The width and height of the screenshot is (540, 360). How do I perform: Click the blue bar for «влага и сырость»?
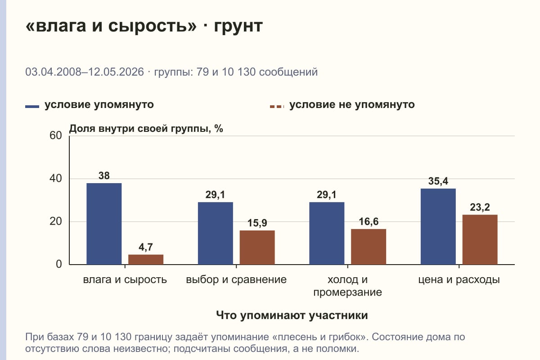[104, 224]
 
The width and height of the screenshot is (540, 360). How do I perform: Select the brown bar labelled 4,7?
[146, 260]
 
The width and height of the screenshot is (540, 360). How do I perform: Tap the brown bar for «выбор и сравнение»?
[257, 247]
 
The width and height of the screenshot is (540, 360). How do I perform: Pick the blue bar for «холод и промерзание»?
[327, 233]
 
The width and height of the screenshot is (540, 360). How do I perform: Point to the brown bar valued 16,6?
[369, 247]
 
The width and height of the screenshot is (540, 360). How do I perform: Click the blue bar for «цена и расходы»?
[438, 226]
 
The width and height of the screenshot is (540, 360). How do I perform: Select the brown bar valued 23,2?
[480, 239]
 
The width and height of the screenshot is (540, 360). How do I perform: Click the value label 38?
[104, 175]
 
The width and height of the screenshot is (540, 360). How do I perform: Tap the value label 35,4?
[438, 181]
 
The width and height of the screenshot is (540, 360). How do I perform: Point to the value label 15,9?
[257, 223]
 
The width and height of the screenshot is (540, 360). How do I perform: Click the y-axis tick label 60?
[56, 135]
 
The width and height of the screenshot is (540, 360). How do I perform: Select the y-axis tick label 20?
[56, 221]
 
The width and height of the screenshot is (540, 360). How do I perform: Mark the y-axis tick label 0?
[59, 264]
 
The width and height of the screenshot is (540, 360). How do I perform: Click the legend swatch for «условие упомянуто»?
[32, 107]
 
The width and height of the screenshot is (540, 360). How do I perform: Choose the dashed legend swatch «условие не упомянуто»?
[277, 107]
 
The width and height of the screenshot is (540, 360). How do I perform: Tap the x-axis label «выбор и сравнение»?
[236, 280]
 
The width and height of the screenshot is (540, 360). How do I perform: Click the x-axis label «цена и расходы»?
[459, 280]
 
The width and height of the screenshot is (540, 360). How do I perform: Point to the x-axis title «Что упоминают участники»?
[292, 315]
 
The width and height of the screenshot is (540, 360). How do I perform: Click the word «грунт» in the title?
[238, 26]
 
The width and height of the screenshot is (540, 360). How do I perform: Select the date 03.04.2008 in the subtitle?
[53, 72]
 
